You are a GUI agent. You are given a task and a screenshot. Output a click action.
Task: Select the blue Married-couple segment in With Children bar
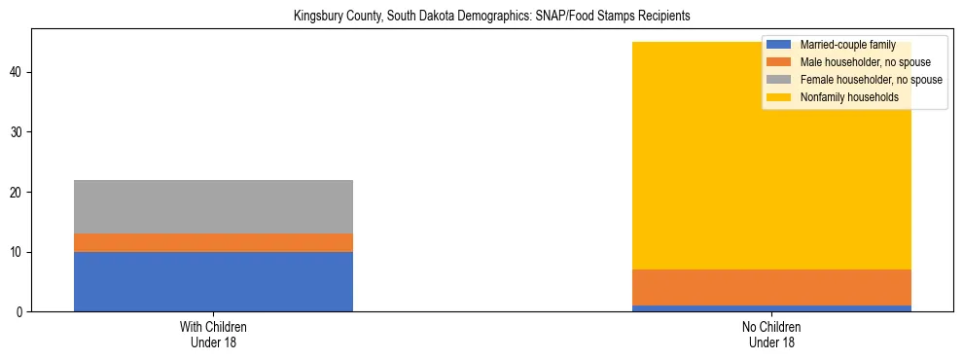click(x=213, y=281)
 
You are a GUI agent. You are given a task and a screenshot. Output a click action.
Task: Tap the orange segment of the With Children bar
click(x=213, y=242)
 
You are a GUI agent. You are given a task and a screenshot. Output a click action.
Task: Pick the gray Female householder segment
click(x=213, y=206)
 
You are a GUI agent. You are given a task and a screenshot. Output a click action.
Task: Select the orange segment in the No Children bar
click(x=771, y=287)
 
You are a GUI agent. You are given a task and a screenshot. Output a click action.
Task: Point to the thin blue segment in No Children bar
click(x=771, y=308)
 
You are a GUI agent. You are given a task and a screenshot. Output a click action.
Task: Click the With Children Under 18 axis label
click(x=213, y=334)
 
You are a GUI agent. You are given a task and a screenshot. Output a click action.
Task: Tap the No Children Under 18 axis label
click(x=771, y=334)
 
